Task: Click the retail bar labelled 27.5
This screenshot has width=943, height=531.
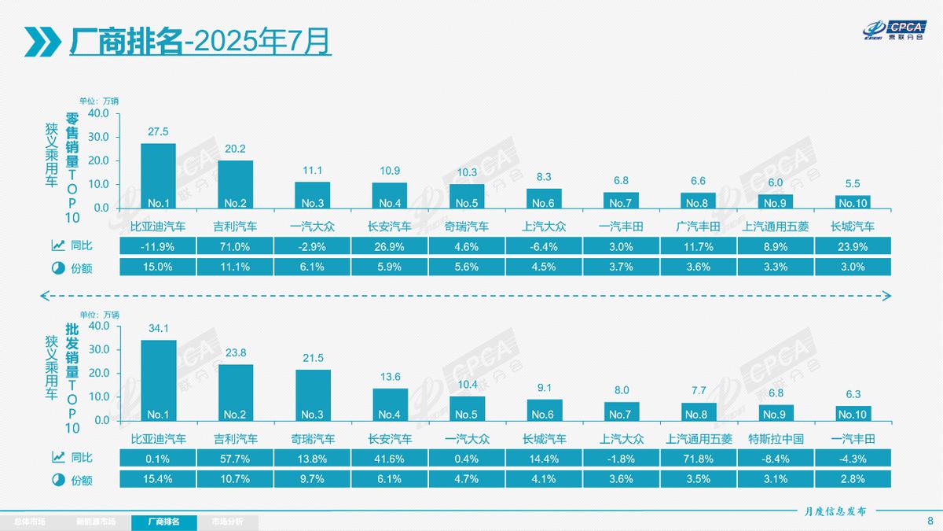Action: [x=158, y=175]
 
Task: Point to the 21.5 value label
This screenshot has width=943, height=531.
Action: [x=313, y=358]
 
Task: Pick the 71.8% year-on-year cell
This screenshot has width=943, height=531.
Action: [x=699, y=458]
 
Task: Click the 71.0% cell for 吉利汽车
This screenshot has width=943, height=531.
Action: [x=235, y=246]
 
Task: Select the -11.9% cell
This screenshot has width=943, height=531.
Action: [x=158, y=246]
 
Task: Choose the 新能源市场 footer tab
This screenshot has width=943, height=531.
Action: [x=95, y=522]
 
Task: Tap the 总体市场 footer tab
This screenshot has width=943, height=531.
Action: [x=31, y=522]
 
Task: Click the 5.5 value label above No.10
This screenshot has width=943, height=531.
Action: [x=853, y=183]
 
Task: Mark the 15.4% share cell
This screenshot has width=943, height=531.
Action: [x=158, y=478]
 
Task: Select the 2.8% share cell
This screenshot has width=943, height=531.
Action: [x=853, y=478]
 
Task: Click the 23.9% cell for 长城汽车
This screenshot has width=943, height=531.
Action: [x=853, y=246]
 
